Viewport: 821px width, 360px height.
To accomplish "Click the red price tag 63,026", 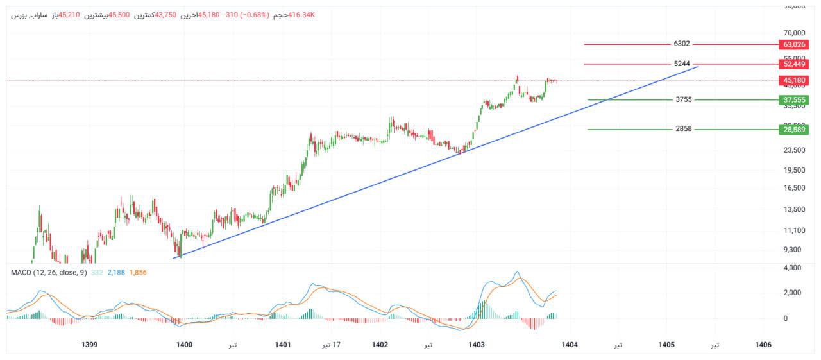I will pyautogui.click(x=794, y=44).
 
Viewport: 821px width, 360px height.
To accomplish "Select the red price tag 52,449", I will pyautogui.click(x=794, y=64).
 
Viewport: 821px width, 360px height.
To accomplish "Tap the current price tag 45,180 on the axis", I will pyautogui.click(x=794, y=81).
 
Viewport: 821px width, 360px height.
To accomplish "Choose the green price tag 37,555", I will pyautogui.click(x=794, y=100).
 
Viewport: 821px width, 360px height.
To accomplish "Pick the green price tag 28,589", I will pyautogui.click(x=794, y=130).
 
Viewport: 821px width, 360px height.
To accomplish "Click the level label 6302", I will pyautogui.click(x=682, y=44).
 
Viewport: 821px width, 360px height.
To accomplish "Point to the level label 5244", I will pyautogui.click(x=682, y=64).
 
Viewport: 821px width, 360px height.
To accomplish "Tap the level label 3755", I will pyautogui.click(x=683, y=100).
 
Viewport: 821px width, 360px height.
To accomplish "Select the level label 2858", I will pyautogui.click(x=683, y=130).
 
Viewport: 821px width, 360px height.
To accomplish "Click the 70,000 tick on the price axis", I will pyautogui.click(x=794, y=33).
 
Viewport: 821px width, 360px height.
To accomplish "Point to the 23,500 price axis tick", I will pyautogui.click(x=794, y=150).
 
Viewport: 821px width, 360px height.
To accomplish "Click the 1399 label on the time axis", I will pyautogui.click(x=90, y=345).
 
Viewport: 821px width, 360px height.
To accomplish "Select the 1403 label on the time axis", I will pyautogui.click(x=477, y=345).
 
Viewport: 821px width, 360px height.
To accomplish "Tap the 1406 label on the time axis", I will pyautogui.click(x=763, y=345).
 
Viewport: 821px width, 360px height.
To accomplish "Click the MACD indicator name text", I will pyautogui.click(x=48, y=273).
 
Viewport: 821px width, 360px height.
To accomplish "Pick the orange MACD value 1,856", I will pyautogui.click(x=138, y=273).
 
